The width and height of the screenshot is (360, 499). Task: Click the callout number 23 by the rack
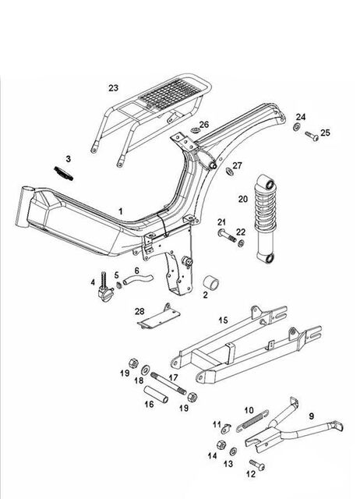pos(113,88)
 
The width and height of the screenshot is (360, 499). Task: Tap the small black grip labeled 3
pos(63,173)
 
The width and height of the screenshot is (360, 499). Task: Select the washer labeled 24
pos(296,127)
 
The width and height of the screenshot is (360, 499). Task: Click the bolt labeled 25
pos(312,136)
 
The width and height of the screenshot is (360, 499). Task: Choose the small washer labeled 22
pos(242,243)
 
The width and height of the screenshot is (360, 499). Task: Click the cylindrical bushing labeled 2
pos(210,282)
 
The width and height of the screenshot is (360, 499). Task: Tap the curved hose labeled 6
pos(138,280)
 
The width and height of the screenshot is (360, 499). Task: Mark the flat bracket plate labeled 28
pos(159,317)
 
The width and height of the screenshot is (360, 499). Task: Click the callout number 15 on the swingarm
pos(223,320)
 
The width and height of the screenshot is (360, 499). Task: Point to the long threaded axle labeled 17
pos(168,384)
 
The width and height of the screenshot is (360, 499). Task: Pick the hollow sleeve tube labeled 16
pos(156,395)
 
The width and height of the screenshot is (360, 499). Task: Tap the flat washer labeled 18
pos(146,370)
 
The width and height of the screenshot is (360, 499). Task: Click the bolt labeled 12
pos(257,465)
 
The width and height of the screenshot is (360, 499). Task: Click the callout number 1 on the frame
pos(121,211)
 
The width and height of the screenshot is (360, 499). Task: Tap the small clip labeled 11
pos(226,428)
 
